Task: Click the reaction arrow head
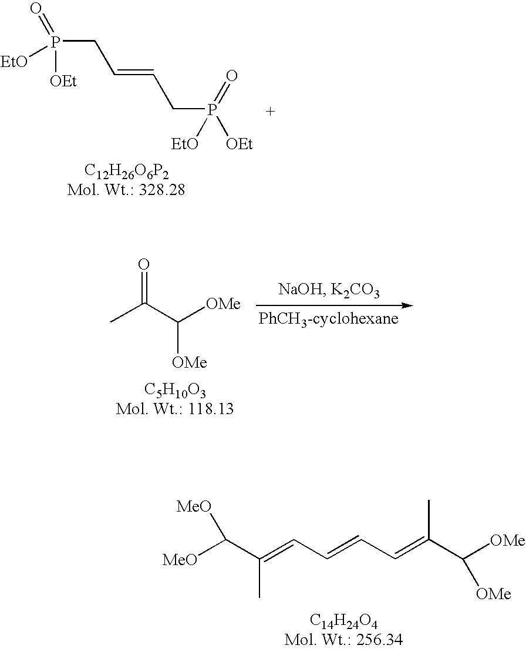(407, 305)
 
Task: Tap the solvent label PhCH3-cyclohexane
(329, 320)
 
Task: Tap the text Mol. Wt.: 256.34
(343, 639)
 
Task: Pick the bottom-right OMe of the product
(493, 594)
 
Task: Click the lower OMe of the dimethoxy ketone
(190, 363)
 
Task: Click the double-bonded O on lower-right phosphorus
(231, 76)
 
